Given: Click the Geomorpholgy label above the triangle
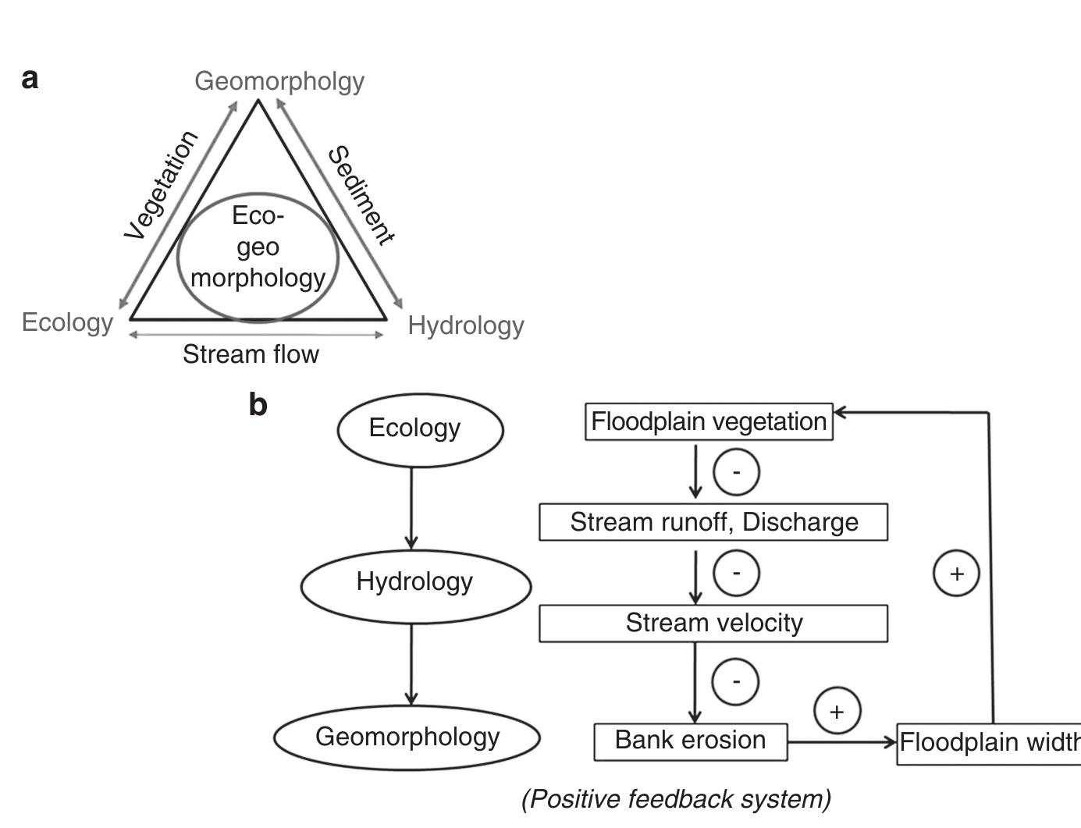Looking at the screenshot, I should pyautogui.click(x=279, y=81).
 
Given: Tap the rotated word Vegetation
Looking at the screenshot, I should pyautogui.click(x=162, y=186).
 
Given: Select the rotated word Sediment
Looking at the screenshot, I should pyautogui.click(x=361, y=195).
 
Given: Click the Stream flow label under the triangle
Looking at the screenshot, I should pyautogui.click(x=251, y=354).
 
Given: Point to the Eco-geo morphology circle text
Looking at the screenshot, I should pyautogui.click(x=258, y=247).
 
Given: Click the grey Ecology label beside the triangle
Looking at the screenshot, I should pyautogui.click(x=68, y=322).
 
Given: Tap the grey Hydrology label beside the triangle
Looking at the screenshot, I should pyautogui.click(x=466, y=325).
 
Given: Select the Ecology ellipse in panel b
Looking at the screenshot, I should pyautogui.click(x=420, y=428).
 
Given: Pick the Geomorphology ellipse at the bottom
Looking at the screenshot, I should pyautogui.click(x=407, y=737).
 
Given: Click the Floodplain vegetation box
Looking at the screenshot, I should pyautogui.click(x=709, y=421).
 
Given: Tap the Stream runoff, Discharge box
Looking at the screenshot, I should pyautogui.click(x=713, y=522).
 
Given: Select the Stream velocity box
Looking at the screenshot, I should pyautogui.click(x=713, y=623).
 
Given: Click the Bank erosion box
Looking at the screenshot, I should pyautogui.click(x=690, y=741).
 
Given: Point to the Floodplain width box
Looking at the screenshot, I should pyautogui.click(x=988, y=742).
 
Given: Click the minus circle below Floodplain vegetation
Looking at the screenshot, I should pyautogui.click(x=736, y=472).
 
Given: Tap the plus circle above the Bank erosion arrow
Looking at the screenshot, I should pyautogui.click(x=837, y=711).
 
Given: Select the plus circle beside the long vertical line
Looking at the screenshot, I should pyautogui.click(x=956, y=574).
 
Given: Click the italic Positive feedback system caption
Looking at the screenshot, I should pyautogui.click(x=676, y=799).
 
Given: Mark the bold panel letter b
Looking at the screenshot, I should pyautogui.click(x=258, y=405).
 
